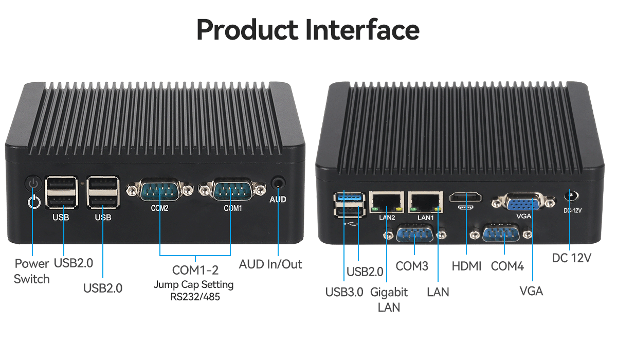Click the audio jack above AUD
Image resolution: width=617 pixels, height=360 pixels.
point(278,183)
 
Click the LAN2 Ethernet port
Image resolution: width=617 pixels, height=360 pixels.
point(386,202)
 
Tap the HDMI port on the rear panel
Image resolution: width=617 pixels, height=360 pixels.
point(466,198)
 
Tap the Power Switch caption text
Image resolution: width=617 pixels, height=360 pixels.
point(32,271)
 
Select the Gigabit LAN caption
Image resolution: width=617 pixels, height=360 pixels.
point(389,299)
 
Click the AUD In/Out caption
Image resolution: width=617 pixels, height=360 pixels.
point(270,264)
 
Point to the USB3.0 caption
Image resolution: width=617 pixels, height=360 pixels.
point(344,292)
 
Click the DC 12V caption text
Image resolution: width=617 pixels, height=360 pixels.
point(572,258)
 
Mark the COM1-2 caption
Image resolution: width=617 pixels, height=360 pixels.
point(195,270)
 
